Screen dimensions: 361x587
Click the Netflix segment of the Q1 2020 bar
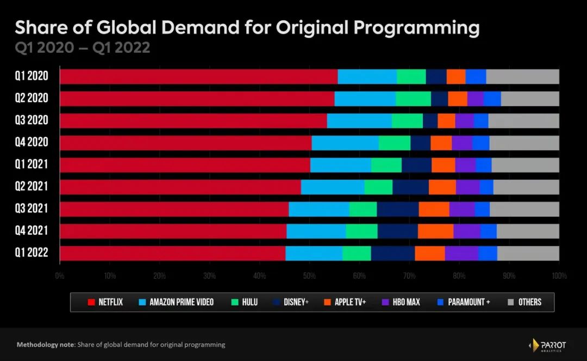[x=198, y=77]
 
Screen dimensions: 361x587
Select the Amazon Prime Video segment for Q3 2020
[x=359, y=121]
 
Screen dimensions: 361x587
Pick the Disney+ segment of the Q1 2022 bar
[x=393, y=254]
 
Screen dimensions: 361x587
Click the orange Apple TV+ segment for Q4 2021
[x=435, y=231]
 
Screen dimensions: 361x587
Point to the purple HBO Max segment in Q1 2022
[x=461, y=254]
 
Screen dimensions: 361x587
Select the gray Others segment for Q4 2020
[x=524, y=143]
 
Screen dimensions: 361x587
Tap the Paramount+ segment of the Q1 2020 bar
[x=476, y=77]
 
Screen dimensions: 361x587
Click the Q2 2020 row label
[x=32, y=99]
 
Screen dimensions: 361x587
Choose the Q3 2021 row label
[x=32, y=209]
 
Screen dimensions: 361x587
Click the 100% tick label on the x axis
[x=559, y=276]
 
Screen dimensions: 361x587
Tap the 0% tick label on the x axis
[x=60, y=276]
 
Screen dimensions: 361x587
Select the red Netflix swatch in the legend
[x=90, y=302]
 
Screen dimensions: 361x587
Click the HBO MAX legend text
[x=406, y=302]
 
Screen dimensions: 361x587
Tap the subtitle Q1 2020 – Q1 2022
[x=82, y=48]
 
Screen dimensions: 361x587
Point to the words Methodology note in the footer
[x=46, y=345]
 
